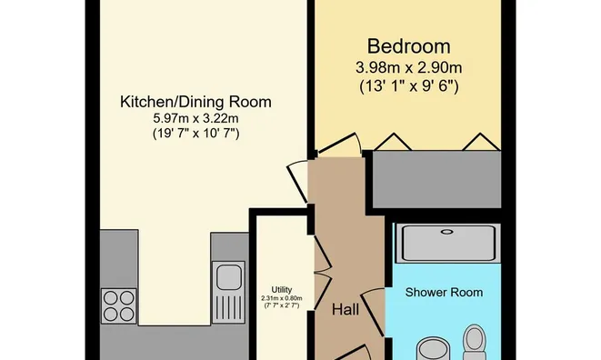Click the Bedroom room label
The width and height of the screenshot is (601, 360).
(408, 46)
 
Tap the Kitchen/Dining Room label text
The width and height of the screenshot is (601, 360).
(195, 102)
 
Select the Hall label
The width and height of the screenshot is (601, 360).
(346, 309)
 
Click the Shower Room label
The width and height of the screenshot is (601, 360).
(444, 292)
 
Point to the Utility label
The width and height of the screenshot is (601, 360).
(282, 290)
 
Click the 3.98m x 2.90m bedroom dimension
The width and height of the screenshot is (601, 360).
(408, 68)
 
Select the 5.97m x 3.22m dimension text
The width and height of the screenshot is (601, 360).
(195, 118)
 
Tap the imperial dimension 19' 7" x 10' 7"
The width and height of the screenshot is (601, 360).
(195, 134)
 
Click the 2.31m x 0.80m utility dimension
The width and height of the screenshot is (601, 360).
(282, 298)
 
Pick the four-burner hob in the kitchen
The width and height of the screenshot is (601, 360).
(119, 306)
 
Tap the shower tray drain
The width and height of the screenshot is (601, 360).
(446, 232)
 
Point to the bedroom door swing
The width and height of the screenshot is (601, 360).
(339, 145)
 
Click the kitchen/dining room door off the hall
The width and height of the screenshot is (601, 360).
(298, 181)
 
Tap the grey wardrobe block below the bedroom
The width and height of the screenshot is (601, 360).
(436, 179)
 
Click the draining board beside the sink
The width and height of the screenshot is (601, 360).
(229, 306)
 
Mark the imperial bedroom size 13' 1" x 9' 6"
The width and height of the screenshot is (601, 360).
(409, 86)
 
